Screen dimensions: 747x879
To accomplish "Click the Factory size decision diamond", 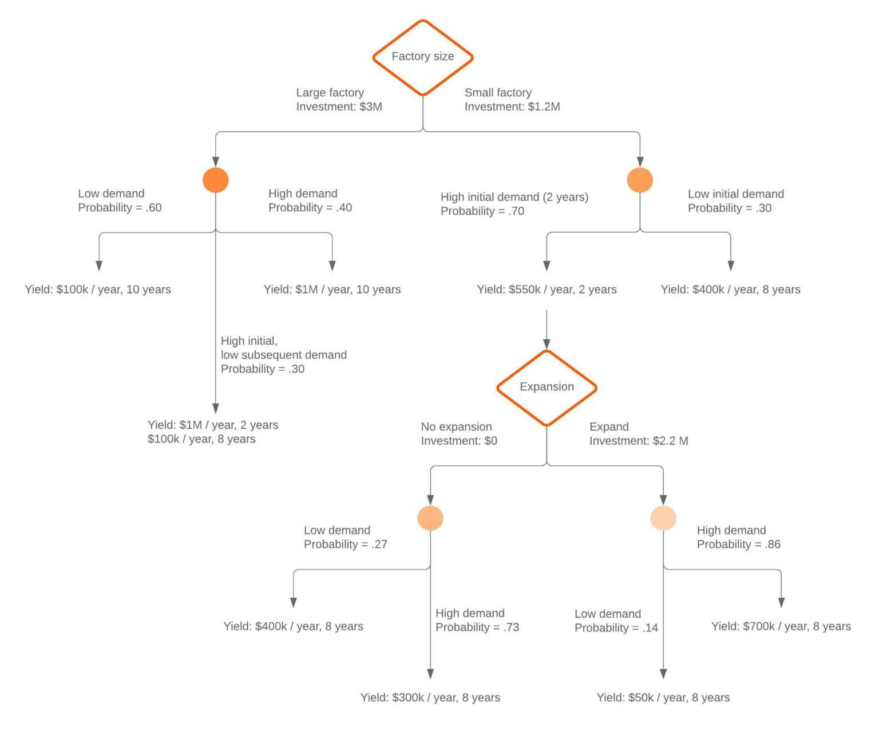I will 422,57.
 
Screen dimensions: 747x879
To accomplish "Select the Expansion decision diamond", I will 547,387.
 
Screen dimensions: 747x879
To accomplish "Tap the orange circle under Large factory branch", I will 216,180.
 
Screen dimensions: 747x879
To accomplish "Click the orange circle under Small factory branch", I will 640,180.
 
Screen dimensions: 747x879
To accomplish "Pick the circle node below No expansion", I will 430,518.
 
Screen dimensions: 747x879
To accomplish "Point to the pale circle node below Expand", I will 663,518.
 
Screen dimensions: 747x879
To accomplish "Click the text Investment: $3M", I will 339,106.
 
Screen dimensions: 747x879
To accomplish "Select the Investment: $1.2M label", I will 512,106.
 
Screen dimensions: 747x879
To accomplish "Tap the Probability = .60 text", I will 120,208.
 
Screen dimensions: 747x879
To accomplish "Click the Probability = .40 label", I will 310,208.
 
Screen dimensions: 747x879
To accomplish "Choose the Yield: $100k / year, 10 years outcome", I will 98,290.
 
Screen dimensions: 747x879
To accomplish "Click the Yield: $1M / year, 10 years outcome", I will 332,290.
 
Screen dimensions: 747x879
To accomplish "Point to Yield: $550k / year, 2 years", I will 547,290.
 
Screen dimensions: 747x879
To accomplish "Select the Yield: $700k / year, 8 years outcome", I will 781,626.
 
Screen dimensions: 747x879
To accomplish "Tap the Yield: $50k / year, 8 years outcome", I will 663,698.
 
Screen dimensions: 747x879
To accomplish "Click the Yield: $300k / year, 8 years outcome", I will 430,698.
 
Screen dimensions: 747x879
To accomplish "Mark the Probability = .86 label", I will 738,544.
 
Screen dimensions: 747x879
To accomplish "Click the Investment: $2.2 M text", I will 639,441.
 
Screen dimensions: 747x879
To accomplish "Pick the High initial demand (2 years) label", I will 514,197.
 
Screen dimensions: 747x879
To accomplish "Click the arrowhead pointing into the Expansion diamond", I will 547,343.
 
